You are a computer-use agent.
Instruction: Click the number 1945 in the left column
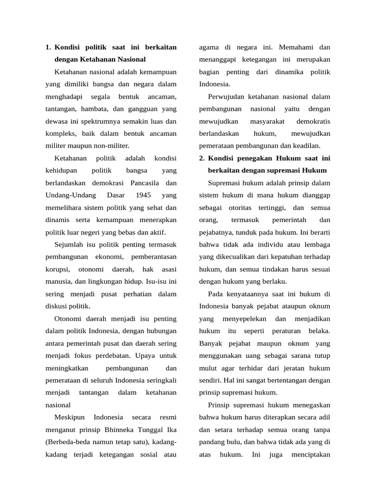[144, 195]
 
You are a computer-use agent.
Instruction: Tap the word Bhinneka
[122, 429]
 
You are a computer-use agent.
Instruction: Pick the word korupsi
[58, 269]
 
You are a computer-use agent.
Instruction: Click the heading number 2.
[202, 158]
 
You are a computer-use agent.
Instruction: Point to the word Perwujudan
[226, 97]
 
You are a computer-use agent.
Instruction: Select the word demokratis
[313, 121]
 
